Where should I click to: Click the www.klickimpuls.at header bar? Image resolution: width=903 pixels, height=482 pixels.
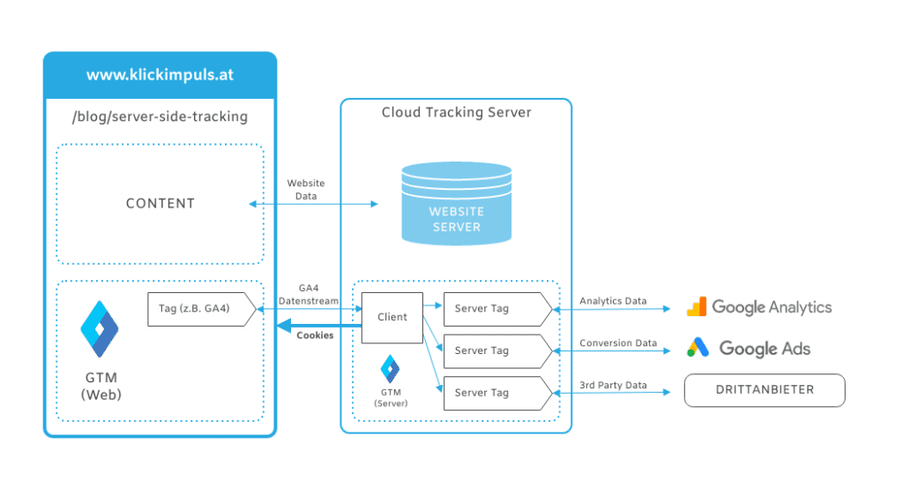(160, 75)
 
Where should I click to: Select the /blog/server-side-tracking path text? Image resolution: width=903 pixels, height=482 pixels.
(160, 117)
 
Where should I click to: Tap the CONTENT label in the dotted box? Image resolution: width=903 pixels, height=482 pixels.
(160, 203)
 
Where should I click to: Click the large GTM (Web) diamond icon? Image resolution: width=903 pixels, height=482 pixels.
(99, 328)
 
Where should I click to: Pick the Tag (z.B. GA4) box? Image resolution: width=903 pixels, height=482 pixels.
(201, 309)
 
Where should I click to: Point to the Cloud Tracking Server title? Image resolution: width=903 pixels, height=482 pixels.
(456, 113)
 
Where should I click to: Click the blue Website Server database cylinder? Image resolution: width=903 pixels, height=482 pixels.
(456, 203)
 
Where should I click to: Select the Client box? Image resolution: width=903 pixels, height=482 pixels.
(392, 317)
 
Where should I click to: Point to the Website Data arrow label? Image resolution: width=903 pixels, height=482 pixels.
(306, 190)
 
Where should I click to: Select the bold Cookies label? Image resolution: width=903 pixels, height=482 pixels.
(315, 335)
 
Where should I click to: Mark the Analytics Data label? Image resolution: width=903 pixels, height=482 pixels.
(613, 301)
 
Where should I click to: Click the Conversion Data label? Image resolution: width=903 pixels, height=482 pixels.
(617, 343)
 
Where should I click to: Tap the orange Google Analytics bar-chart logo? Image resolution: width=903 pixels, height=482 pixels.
(697, 307)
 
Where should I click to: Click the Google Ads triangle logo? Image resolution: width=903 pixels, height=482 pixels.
(698, 348)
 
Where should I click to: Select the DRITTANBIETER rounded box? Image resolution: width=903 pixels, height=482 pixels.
(765, 389)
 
